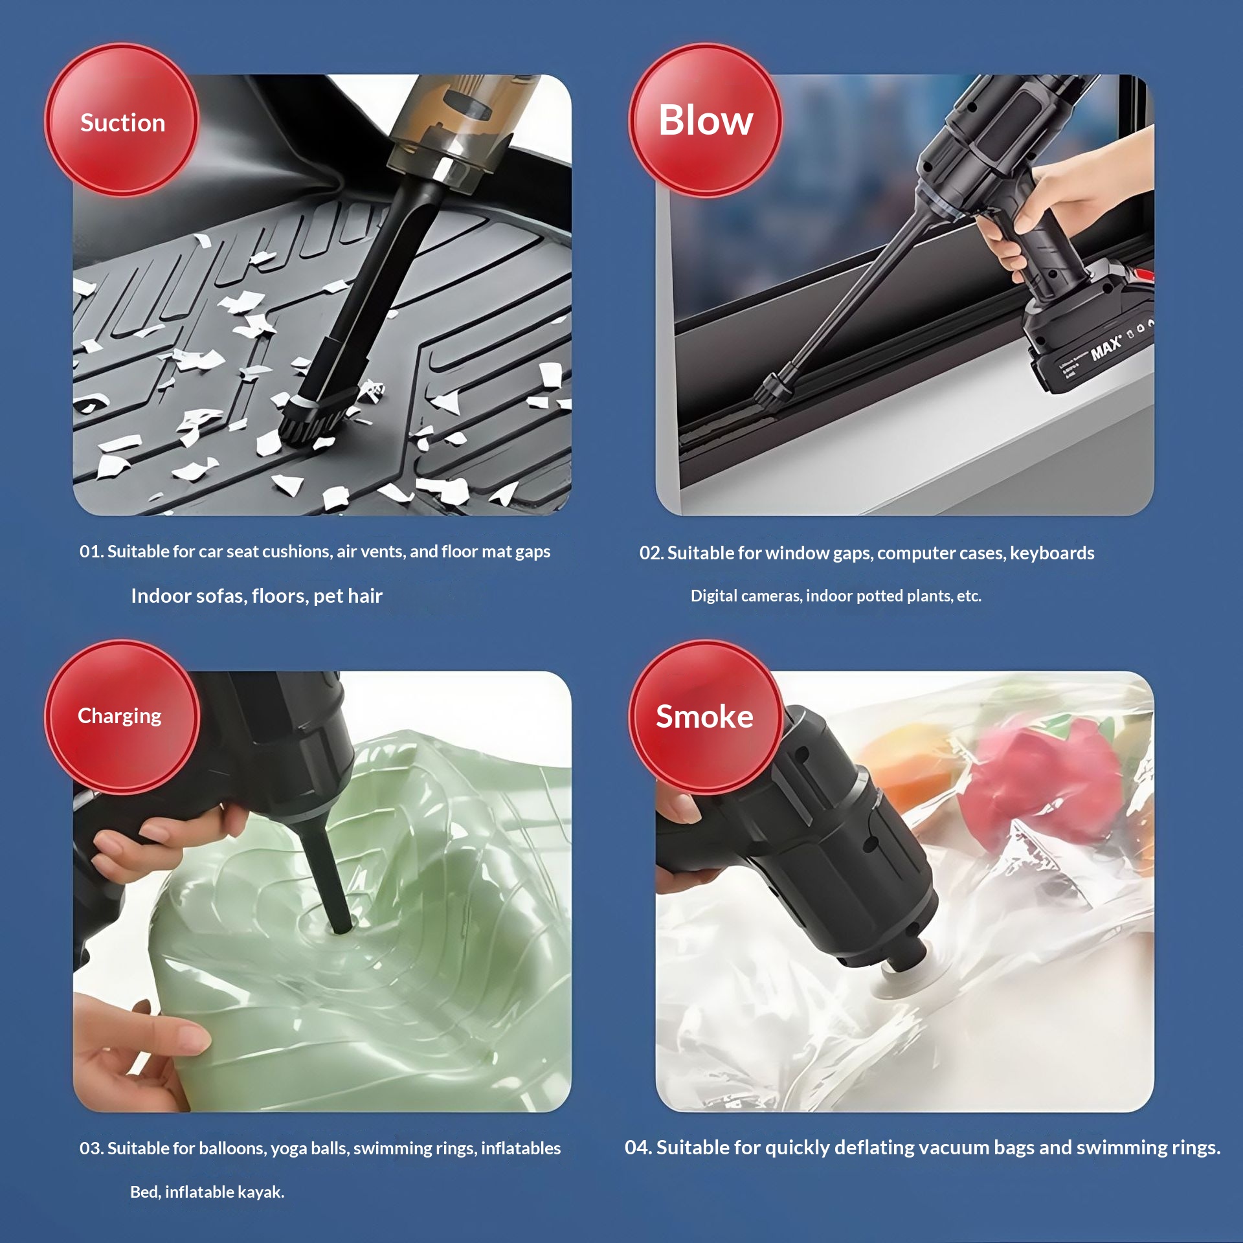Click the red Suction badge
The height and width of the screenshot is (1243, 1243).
pos(122,120)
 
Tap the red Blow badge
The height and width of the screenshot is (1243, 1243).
pos(706,120)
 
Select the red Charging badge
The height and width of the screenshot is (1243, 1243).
pos(122,717)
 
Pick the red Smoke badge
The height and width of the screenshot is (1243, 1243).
pos(706,717)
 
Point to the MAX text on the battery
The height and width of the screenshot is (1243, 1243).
pos(1106,348)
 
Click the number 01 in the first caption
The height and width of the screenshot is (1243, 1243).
pos(90,552)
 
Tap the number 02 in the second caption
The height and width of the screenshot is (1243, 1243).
pos(650,554)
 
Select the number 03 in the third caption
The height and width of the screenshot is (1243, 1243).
pos(90,1148)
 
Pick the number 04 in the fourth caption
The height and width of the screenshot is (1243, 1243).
pos(636,1148)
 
